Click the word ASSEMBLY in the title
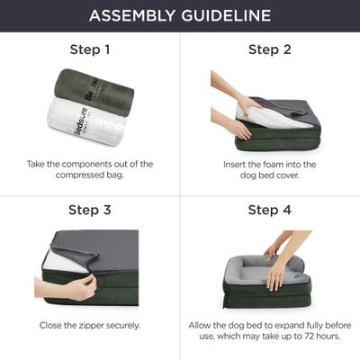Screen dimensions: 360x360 tap(129, 15)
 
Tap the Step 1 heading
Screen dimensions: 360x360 tap(90, 49)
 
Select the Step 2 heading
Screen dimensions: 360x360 tap(270, 49)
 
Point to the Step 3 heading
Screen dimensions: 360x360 tap(90, 211)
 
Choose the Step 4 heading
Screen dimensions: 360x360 tap(270, 211)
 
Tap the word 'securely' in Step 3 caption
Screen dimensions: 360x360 tap(123, 325)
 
